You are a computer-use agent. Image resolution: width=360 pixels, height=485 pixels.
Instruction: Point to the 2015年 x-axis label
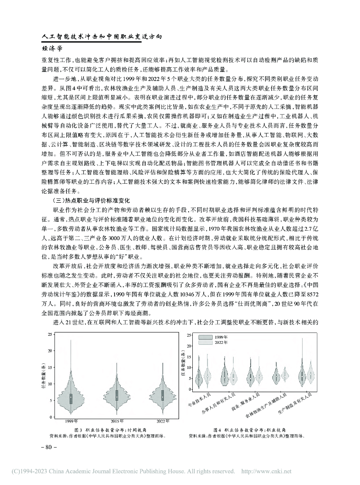(117, 421)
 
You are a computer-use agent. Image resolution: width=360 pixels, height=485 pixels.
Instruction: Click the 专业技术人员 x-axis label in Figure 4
(199, 400)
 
